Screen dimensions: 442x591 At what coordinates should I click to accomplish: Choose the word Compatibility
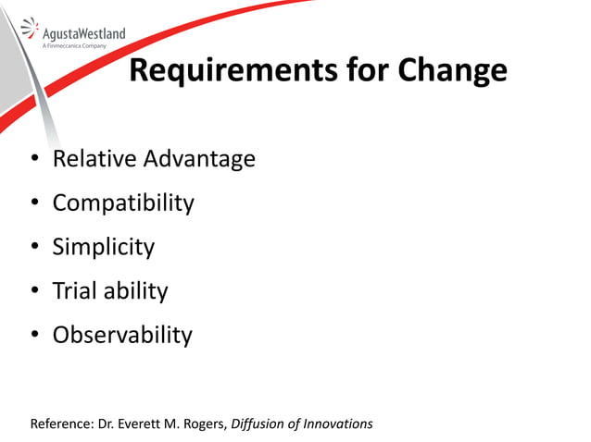pos(123,203)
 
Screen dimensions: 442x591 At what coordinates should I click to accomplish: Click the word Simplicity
pos(104,247)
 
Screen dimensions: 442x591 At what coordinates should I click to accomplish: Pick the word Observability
pos(122,335)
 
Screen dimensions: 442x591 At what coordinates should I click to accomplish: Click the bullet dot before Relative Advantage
pos(34,160)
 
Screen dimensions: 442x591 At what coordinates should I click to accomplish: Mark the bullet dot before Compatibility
pos(34,203)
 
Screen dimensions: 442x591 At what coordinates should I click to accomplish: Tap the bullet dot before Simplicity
pos(34,248)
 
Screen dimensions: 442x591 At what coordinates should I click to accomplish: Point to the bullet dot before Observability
pos(34,336)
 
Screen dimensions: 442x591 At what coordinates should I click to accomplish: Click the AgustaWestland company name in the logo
pos(84,34)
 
